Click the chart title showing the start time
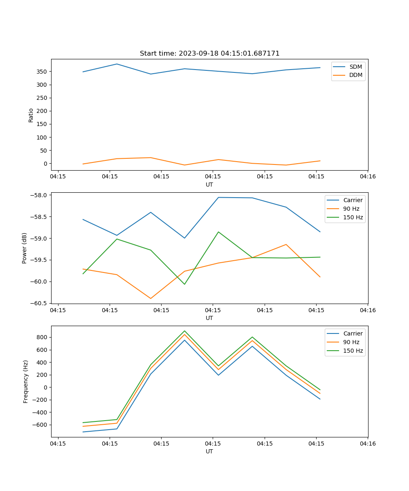point(209,54)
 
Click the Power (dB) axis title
point(25,248)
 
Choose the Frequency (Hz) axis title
point(26,381)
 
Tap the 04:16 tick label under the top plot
point(367,177)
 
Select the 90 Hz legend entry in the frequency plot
point(351,342)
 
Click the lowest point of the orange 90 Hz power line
point(151,299)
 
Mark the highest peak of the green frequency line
point(184,331)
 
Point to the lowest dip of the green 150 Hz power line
point(184,284)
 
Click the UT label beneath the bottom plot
point(209,451)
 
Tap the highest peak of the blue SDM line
point(117,64)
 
